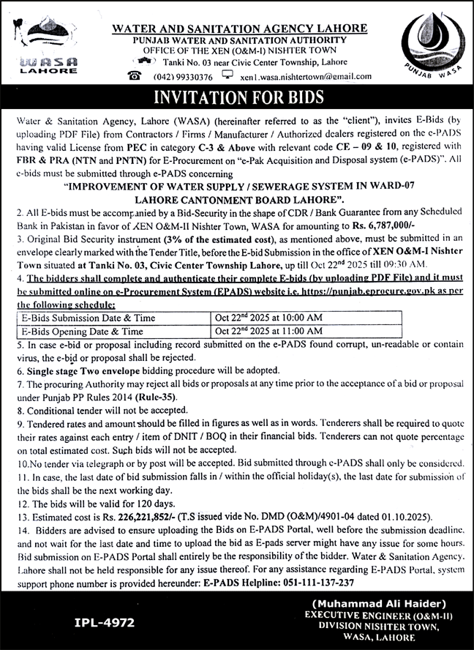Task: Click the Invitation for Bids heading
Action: coord(237,98)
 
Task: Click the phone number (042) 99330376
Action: coord(183,77)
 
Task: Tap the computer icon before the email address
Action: coord(227,75)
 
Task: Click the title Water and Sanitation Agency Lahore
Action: coord(239,29)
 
